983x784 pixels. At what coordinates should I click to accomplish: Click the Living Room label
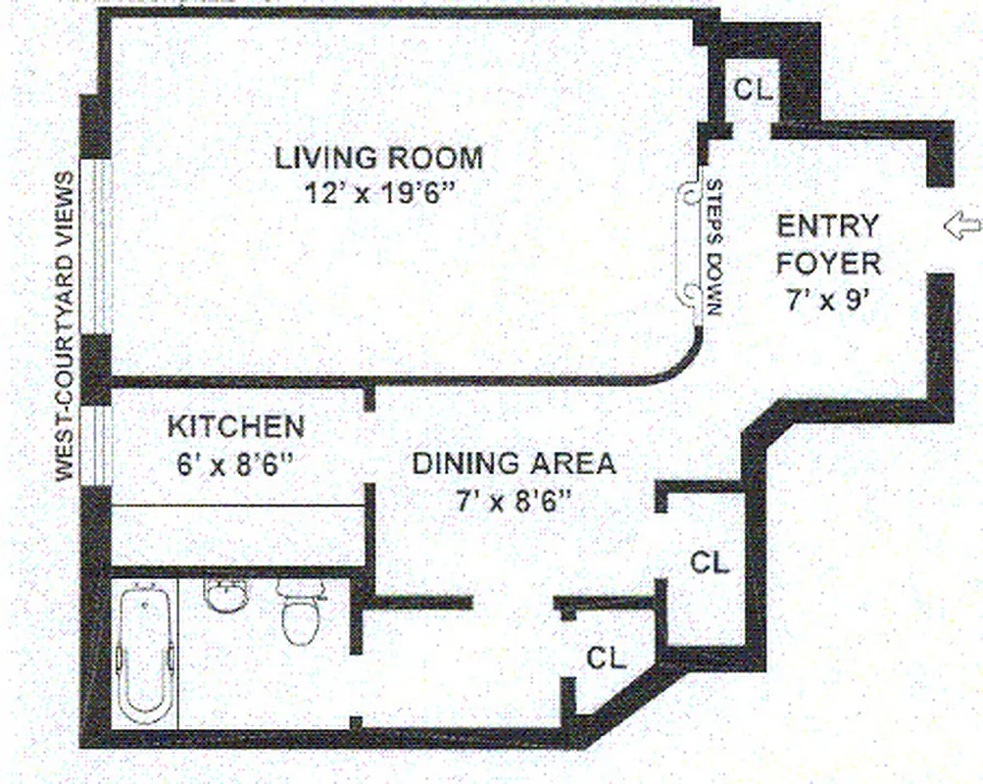[378, 157]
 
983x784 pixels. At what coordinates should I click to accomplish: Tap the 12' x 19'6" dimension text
[382, 192]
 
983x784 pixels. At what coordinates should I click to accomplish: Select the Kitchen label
[235, 427]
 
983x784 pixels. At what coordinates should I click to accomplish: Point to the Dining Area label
[514, 463]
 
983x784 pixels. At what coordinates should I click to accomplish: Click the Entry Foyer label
[828, 244]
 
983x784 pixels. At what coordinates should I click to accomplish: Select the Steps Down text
[713, 248]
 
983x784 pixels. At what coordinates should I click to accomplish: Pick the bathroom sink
[224, 593]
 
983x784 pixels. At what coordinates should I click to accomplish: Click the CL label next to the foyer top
[754, 89]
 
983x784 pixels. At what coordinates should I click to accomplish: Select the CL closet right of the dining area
[709, 563]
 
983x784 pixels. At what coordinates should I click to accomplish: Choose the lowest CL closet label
[606, 659]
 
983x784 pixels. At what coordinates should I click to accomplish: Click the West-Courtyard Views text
[65, 326]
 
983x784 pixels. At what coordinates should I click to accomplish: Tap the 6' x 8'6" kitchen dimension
[235, 463]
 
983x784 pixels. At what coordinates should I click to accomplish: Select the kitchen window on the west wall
[96, 446]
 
